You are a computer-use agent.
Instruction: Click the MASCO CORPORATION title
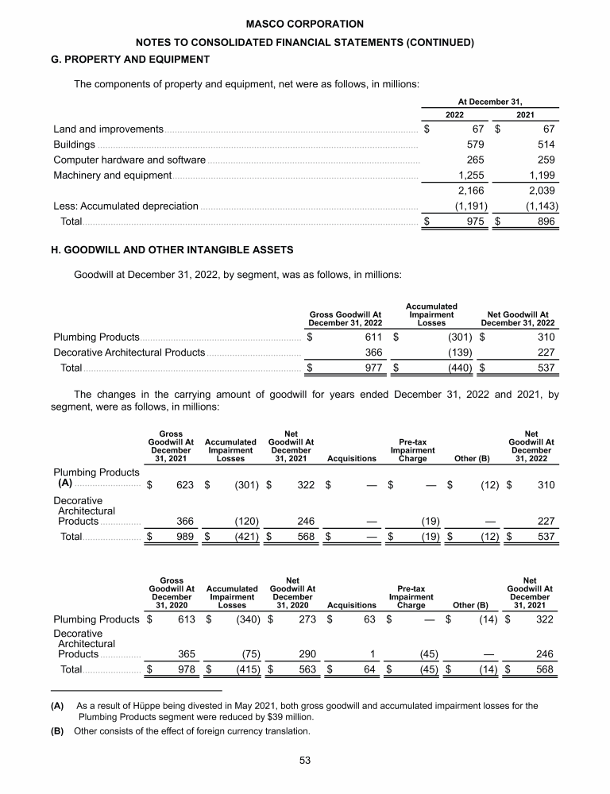[305, 24]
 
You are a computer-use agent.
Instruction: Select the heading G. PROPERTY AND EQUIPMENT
[131, 59]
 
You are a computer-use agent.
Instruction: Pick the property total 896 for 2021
[544, 222]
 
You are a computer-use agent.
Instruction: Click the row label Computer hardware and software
[129, 160]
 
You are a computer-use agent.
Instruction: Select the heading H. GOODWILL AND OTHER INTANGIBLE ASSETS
[171, 249]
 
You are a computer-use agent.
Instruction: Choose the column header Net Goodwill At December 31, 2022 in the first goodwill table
[519, 319]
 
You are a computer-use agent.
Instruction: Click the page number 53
[305, 760]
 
